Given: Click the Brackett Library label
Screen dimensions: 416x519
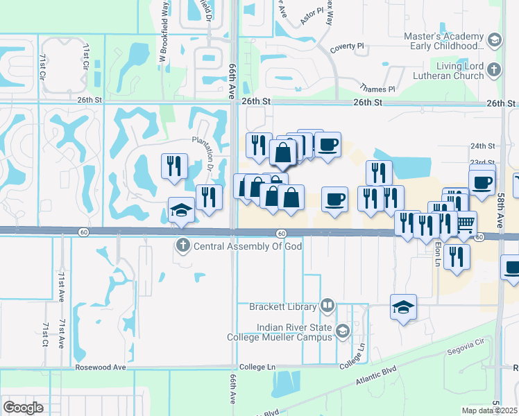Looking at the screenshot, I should coord(278,306).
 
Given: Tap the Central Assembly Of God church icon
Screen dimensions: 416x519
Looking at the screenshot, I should coord(182,245).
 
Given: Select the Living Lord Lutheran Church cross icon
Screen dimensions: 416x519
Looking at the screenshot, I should coord(493,70).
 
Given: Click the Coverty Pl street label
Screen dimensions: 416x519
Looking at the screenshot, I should coord(347,46).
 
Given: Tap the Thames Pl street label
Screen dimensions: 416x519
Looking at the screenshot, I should coord(377,89).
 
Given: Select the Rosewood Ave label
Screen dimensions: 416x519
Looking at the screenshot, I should coord(101,367).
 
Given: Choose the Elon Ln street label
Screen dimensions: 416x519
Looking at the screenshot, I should coord(438,250).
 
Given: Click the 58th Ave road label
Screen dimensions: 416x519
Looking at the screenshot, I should coord(500,212).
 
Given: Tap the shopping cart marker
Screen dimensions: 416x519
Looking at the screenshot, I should coord(466,223).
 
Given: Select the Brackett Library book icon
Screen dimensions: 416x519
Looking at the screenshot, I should coord(327,306).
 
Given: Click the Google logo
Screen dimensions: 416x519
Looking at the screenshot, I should coord(24,407).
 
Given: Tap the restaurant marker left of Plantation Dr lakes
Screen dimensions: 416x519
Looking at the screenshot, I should coord(173,166).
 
